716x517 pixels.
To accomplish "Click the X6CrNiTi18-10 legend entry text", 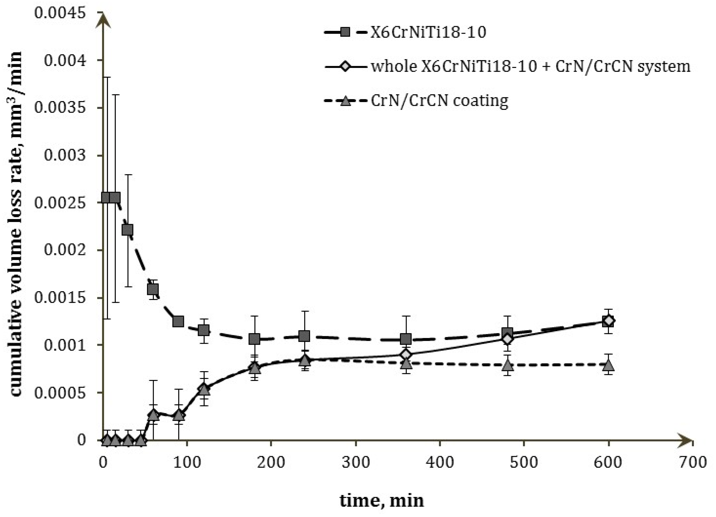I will (x=428, y=32).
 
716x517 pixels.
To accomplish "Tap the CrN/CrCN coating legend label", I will (x=439, y=101).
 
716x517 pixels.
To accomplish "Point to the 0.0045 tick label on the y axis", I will (x=60, y=13).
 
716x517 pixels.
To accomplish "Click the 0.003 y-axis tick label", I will (x=65, y=155).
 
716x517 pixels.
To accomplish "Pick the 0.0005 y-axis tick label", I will (x=60, y=393).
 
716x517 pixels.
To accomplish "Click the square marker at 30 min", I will (x=127, y=230).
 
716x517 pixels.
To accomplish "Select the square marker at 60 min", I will (x=153, y=289).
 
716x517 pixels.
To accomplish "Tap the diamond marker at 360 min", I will (x=406, y=355).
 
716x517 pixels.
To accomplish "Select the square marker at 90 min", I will (x=178, y=321).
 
